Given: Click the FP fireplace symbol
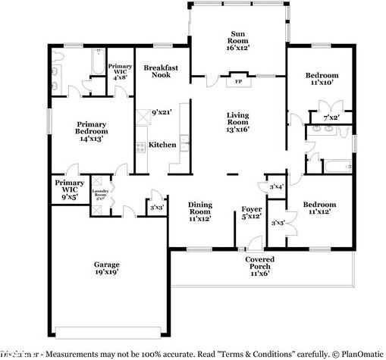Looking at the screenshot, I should click(237, 80).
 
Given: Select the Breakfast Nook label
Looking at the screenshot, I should click(161, 72).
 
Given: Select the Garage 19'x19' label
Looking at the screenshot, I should click(106, 270).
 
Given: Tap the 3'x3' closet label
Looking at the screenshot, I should click(158, 207).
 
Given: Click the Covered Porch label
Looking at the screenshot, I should click(259, 265).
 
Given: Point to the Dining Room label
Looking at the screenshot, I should click(199, 210).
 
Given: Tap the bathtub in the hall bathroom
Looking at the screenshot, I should click(336, 164).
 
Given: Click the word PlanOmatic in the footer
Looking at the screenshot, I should click(359, 354).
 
